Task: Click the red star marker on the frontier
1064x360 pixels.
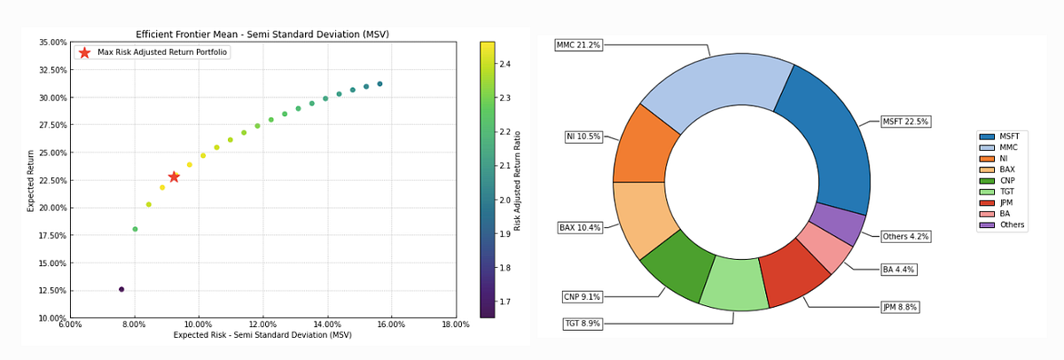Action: tap(174, 176)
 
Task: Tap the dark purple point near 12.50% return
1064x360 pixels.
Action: tap(121, 289)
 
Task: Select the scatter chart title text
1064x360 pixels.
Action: tap(262, 35)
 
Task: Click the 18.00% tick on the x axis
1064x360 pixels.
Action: tap(455, 325)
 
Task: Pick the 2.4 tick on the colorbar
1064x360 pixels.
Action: tap(503, 64)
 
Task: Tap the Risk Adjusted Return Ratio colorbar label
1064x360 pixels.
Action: tap(518, 181)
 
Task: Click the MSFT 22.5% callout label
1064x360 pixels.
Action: tap(904, 121)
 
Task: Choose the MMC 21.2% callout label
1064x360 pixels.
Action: tap(578, 44)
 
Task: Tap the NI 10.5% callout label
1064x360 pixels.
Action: tap(583, 137)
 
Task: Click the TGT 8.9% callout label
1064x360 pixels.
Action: tap(582, 324)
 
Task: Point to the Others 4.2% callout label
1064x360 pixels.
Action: tap(905, 237)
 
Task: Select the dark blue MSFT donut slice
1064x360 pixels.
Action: tap(825, 142)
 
